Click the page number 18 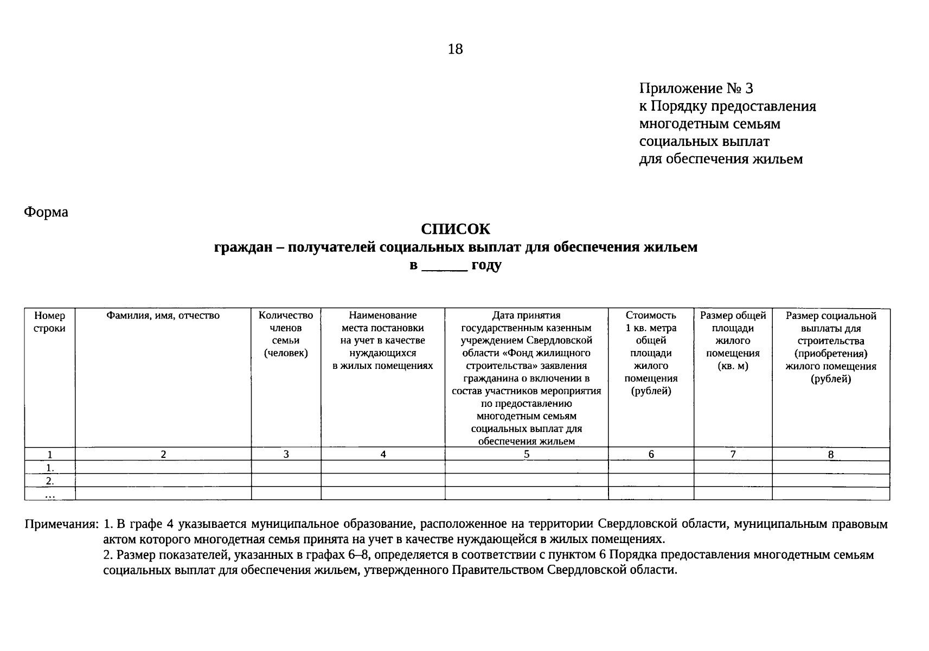455,49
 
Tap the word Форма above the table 46,212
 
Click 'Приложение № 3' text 696,88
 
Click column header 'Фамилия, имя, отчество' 163,316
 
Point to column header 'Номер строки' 49,322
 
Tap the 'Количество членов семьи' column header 286,334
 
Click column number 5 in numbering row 526,454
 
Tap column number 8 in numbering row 830,455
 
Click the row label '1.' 50,468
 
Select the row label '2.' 50,481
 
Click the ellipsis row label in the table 50,494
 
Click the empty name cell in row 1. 163,467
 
